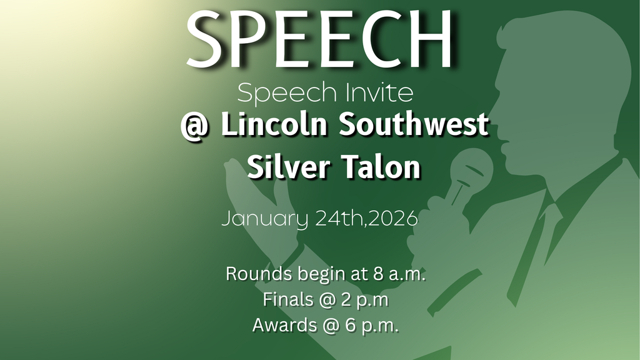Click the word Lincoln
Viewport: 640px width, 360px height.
(x=272, y=125)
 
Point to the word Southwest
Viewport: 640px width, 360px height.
(x=413, y=125)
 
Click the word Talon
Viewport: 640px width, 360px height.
(x=386, y=167)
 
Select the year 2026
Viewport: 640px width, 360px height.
(x=393, y=220)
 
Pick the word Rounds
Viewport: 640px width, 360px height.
(x=257, y=274)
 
